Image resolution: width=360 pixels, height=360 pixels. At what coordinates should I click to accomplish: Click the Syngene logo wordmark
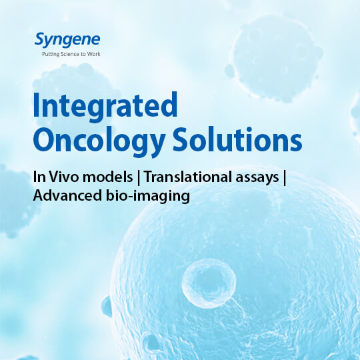pyautogui.click(x=67, y=41)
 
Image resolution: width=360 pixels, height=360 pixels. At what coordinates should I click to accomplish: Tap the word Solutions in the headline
pyautogui.click(x=237, y=139)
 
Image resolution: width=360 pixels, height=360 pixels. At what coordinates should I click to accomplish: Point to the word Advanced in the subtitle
pyautogui.click(x=67, y=195)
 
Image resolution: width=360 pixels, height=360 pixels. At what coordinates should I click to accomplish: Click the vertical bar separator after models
pyautogui.click(x=139, y=177)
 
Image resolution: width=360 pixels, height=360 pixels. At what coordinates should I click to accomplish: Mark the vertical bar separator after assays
pyautogui.click(x=285, y=177)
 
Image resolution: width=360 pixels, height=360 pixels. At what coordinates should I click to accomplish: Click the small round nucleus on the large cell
pyautogui.click(x=209, y=284)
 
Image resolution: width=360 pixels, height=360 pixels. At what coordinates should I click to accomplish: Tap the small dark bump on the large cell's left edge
pyautogui.click(x=107, y=306)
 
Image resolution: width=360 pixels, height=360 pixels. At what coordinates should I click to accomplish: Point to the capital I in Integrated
pyautogui.click(x=36, y=105)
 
